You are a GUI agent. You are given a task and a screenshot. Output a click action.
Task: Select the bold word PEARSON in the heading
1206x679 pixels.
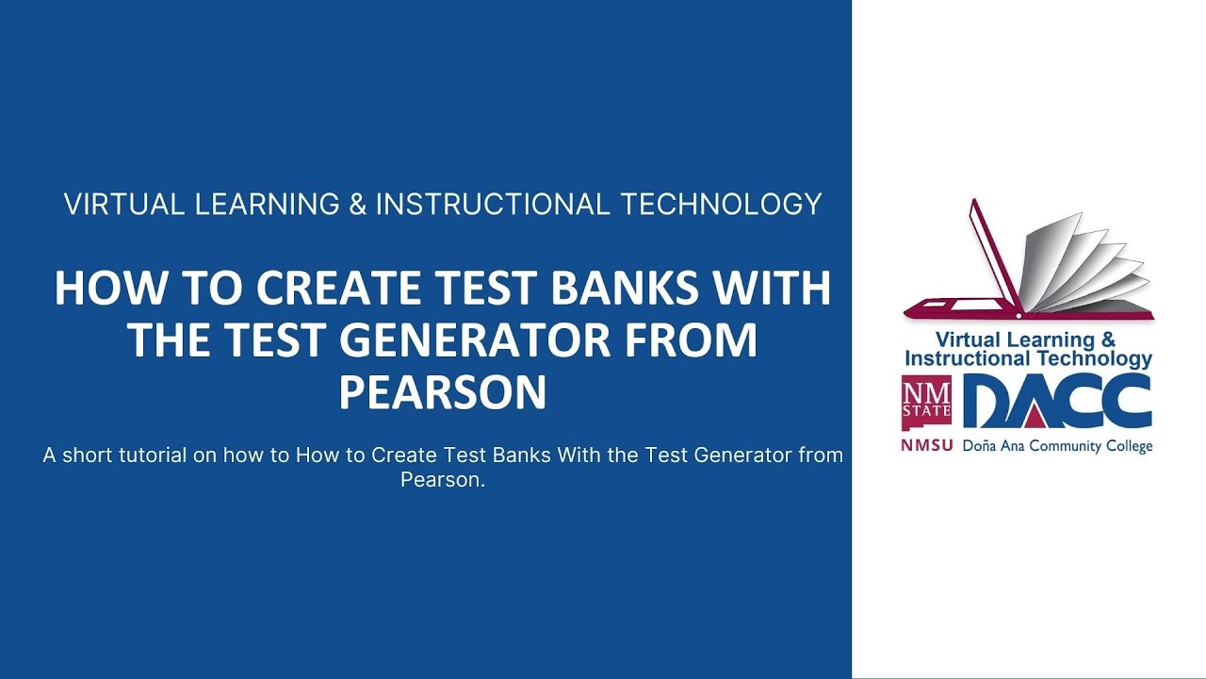[443, 391]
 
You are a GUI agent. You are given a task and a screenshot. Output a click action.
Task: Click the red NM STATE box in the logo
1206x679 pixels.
[926, 403]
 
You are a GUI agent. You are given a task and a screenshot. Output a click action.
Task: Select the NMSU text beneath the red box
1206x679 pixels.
[926, 445]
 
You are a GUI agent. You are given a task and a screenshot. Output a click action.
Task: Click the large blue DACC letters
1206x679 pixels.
[1056, 403]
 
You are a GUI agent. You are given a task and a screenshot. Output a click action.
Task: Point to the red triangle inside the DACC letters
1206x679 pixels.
[1040, 412]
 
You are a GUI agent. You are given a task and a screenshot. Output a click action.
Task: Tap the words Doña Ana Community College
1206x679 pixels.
[1058, 446]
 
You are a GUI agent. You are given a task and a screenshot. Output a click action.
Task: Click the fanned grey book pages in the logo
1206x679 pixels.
[1084, 264]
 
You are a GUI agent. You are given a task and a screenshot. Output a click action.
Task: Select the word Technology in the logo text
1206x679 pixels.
[1095, 358]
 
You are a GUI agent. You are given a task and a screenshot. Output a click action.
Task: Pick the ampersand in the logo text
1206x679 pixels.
[1108, 339]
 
